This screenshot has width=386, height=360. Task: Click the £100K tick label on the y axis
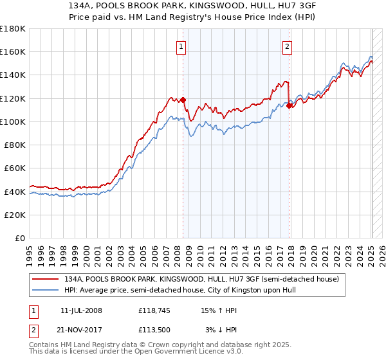pos(13,122)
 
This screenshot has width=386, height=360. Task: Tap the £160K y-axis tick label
pos(13,51)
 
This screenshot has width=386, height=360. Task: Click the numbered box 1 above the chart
pos(181,46)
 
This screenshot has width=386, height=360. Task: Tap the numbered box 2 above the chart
pos(286,46)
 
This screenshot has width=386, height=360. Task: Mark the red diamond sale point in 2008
pos(183,100)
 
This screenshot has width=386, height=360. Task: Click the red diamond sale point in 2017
pos(289,106)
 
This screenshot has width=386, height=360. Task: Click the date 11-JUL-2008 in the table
pos(81,310)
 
